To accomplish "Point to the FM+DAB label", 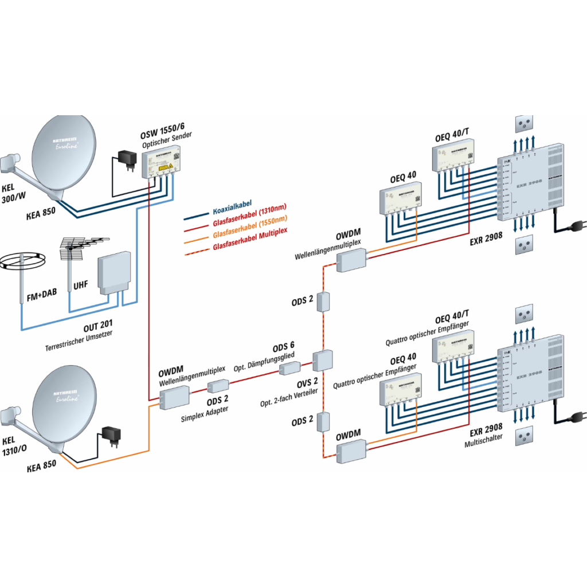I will click(41, 298).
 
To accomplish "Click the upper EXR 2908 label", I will click(487, 234).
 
